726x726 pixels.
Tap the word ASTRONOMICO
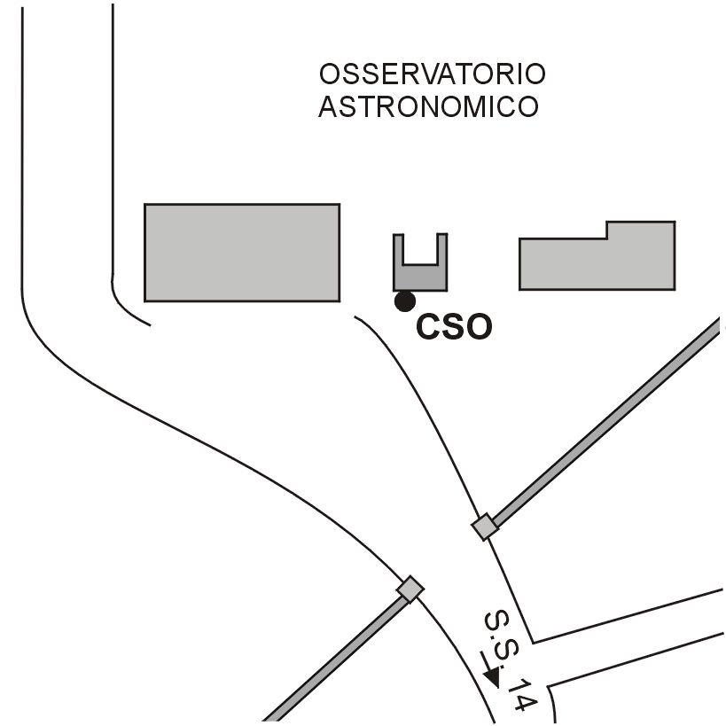tap(429, 107)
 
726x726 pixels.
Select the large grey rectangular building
tap(242, 253)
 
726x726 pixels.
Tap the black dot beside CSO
tap(405, 301)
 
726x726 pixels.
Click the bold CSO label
tap(454, 327)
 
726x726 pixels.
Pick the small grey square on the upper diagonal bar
tap(484, 527)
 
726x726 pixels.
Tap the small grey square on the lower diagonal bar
tap(410, 589)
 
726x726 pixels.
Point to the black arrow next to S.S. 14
tap(490, 671)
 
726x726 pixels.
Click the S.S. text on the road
tap(499, 631)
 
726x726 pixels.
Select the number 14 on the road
tap(524, 695)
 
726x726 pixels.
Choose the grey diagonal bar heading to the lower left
tap(337, 656)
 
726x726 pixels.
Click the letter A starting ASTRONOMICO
tap(327, 107)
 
